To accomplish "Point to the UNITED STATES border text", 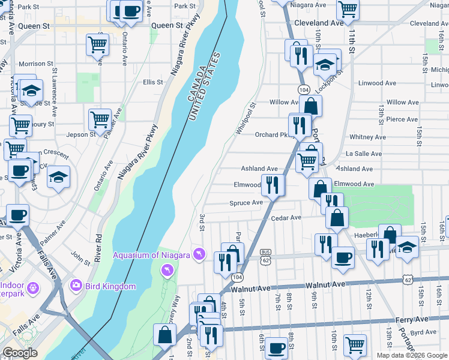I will pyautogui.click(x=205, y=86).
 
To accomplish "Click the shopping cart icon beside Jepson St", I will pyautogui.click(x=100, y=120).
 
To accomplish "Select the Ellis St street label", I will pyautogui.click(x=153, y=82).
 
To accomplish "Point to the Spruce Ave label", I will pyautogui.click(x=246, y=203).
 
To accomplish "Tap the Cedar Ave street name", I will pyautogui.click(x=286, y=218).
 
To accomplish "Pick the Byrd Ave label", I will pyautogui.click(x=423, y=332).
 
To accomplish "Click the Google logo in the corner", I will pyautogui.click(x=20, y=353).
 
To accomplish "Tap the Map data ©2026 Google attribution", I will pyautogui.click(x=411, y=355).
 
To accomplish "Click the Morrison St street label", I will pyautogui.click(x=32, y=64).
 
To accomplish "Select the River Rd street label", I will pyautogui.click(x=98, y=248).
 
